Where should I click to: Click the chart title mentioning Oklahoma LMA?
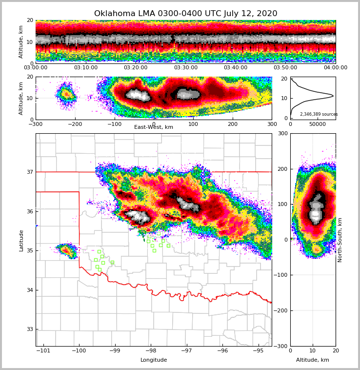pos(185,14)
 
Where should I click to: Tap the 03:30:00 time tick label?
pos(185,68)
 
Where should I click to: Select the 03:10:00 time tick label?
pos(85,68)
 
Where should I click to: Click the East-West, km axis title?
pos(154,127)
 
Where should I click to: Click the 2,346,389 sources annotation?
pos(319,114)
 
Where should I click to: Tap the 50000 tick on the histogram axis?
pos(318,124)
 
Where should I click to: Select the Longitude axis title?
pos(154,360)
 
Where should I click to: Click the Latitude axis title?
pos(21,240)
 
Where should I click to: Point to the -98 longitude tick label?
pos(151,351)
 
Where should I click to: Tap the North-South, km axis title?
pos(340,240)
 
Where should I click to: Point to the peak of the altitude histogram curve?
pos(333,96)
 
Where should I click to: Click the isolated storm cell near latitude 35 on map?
pos(66,250)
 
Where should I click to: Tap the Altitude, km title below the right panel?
pos(313,360)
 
